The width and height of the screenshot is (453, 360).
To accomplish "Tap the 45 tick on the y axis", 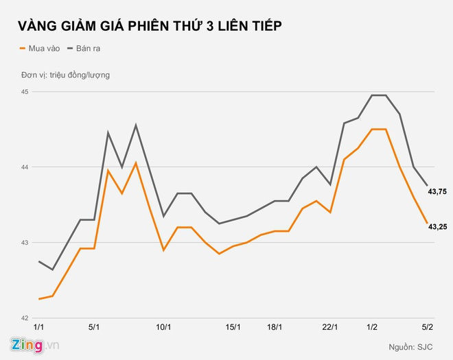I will click(25, 92).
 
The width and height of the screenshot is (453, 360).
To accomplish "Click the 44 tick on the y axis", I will click(25, 167).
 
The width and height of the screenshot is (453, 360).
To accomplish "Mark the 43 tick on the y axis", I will click(25, 243).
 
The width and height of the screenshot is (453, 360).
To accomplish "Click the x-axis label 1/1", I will click(39, 328).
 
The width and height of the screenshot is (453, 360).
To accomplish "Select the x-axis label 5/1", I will click(95, 328).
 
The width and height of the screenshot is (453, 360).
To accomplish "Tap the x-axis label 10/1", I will click(163, 328).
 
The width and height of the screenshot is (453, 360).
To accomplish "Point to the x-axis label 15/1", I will click(233, 328).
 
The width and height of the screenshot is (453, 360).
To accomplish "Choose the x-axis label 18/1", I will click(275, 328).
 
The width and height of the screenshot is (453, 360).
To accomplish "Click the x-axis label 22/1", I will click(330, 328).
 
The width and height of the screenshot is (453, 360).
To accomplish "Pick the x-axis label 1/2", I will click(371, 328).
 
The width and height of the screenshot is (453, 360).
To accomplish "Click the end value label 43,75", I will click(438, 192).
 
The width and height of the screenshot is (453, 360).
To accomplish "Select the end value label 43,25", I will click(438, 226).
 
